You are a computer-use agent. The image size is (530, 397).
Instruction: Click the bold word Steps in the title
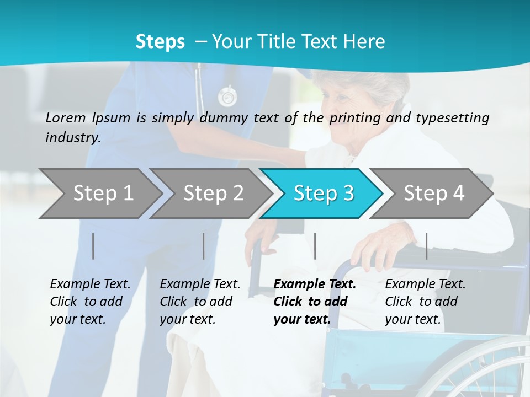click(x=160, y=42)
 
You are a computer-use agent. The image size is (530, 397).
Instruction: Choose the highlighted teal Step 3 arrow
click(x=324, y=193)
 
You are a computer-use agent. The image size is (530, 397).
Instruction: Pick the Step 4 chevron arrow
click(x=434, y=193)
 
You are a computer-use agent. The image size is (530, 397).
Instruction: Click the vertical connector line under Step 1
click(x=93, y=246)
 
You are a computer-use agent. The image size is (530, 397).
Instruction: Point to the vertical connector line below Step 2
click(x=204, y=246)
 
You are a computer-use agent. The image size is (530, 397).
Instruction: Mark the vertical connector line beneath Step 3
click(x=315, y=246)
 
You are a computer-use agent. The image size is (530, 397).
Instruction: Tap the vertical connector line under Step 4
click(x=427, y=246)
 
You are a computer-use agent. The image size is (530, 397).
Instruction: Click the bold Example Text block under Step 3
click(x=315, y=302)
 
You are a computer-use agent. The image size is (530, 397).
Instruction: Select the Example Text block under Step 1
click(x=90, y=302)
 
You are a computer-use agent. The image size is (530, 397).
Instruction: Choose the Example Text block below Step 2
click(x=200, y=302)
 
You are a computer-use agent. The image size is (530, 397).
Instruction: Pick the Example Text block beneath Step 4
click(x=425, y=302)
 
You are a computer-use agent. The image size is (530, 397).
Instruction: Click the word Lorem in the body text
click(x=66, y=117)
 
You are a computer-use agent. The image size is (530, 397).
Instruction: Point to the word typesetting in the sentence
click(x=455, y=118)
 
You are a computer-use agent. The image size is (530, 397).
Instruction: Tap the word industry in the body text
click(x=73, y=137)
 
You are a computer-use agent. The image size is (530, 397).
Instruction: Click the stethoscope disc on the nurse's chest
click(x=227, y=96)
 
